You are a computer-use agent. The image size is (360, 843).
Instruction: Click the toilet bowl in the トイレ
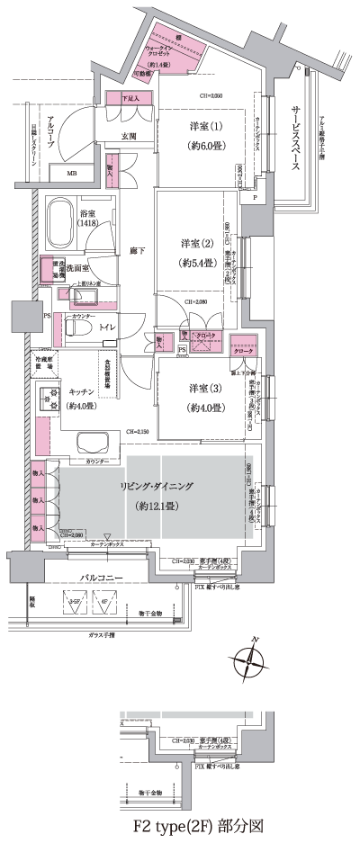pos(74,330)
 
